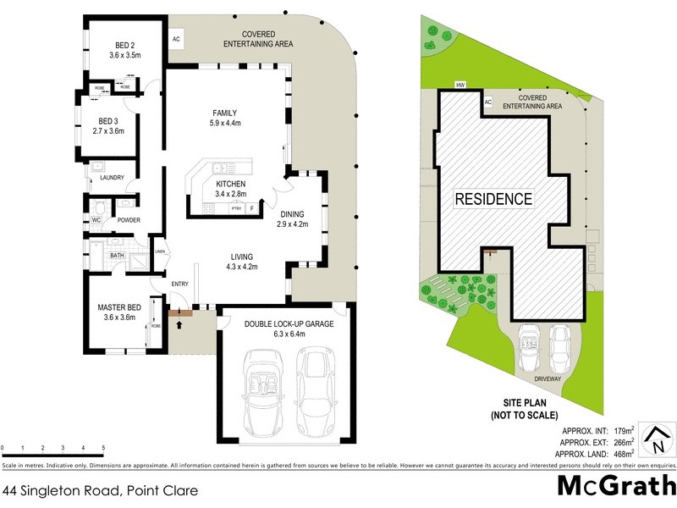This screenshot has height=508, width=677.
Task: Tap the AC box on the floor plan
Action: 177,39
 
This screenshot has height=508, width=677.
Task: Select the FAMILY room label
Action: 224,113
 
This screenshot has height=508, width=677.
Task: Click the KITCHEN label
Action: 230,184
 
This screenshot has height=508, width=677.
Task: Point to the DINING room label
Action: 293,214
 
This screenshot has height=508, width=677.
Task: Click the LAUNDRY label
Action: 112,177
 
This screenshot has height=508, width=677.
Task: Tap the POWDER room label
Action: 129,220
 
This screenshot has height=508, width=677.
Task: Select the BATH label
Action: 117,255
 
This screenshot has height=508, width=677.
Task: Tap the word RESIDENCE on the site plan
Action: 494,200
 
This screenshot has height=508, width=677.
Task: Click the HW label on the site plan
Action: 460,86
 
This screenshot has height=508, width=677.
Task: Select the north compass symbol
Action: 654,438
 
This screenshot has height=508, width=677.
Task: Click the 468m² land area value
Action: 624,453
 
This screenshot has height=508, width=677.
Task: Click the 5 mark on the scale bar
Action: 103,448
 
